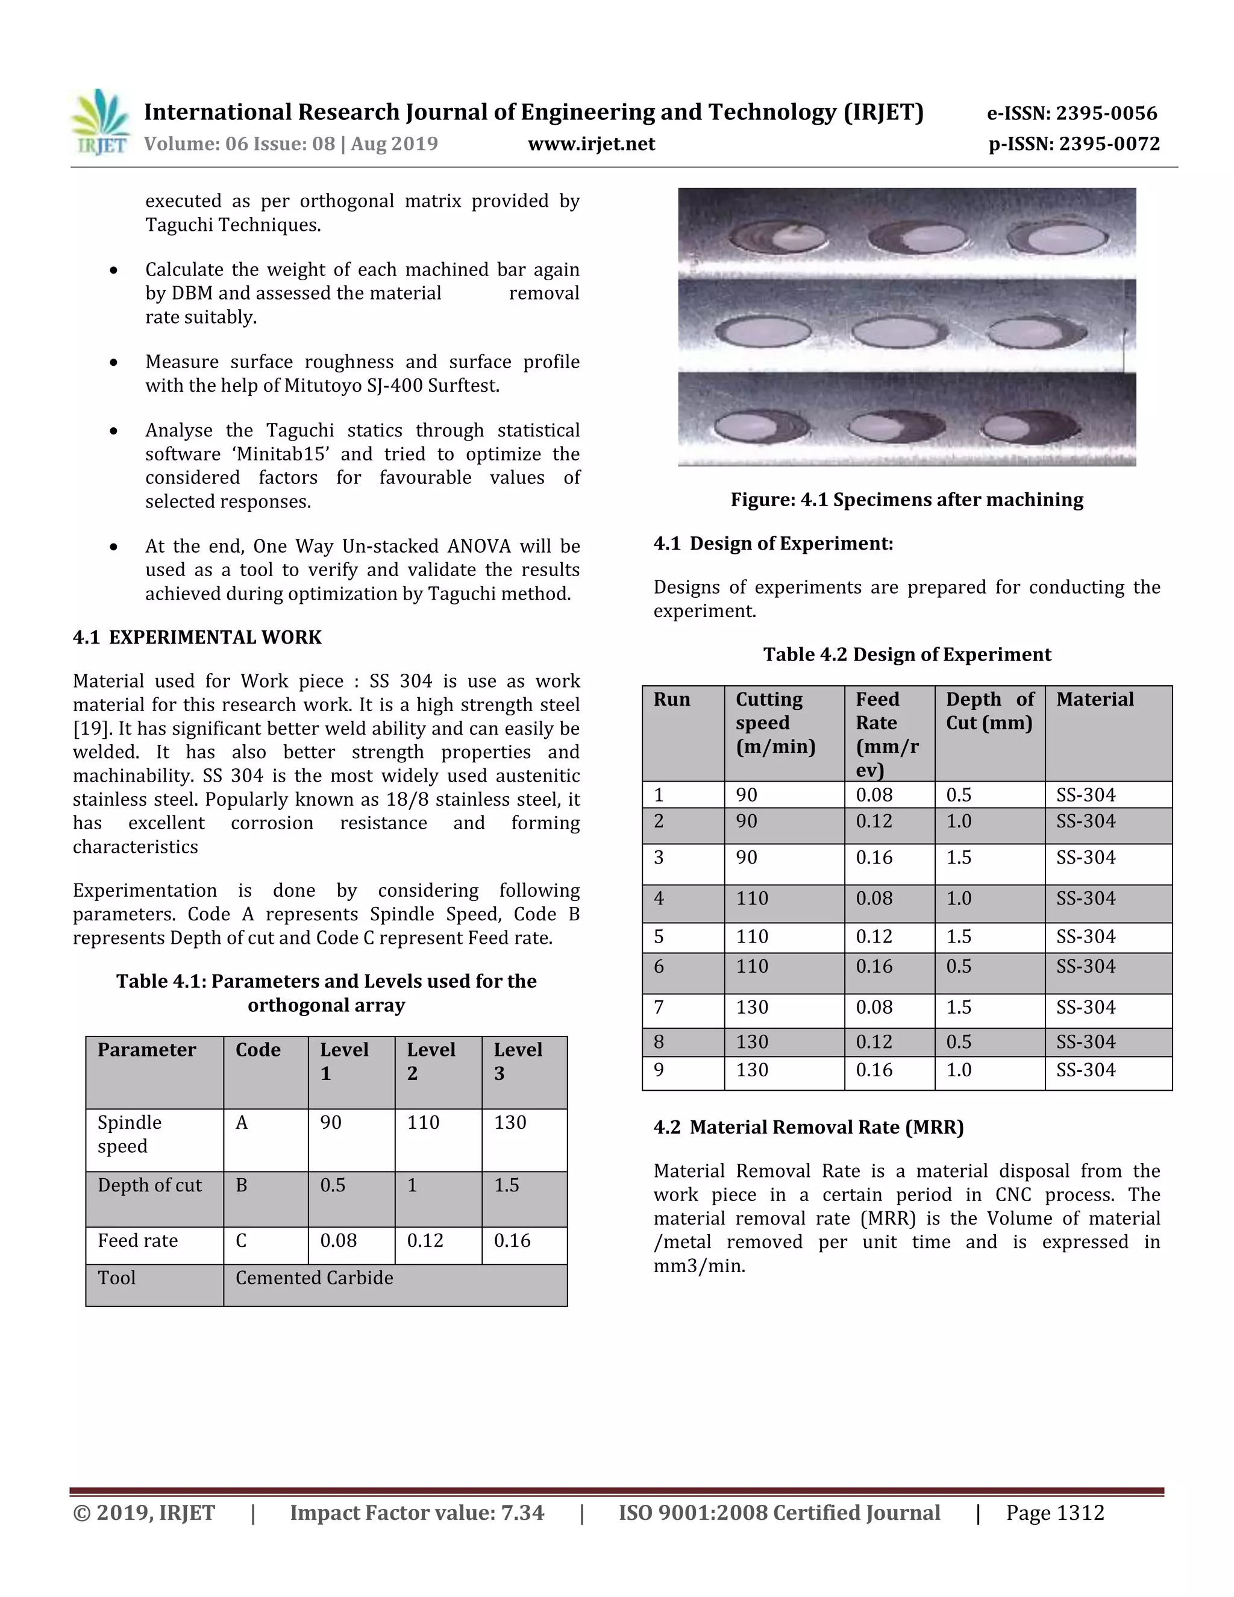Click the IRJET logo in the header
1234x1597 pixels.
pos(101,122)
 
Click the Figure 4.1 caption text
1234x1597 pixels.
pos(906,500)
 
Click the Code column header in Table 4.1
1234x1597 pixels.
pos(258,1049)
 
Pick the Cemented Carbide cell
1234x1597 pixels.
pos(315,1278)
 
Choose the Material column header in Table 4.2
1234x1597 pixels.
pos(1094,699)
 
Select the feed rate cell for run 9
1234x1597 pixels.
pos(874,1070)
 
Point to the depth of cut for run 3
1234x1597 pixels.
pos(959,857)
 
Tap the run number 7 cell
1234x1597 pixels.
pos(659,1007)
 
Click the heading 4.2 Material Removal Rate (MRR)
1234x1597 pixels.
pos(809,1127)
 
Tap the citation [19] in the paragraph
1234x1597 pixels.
pos(90,729)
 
